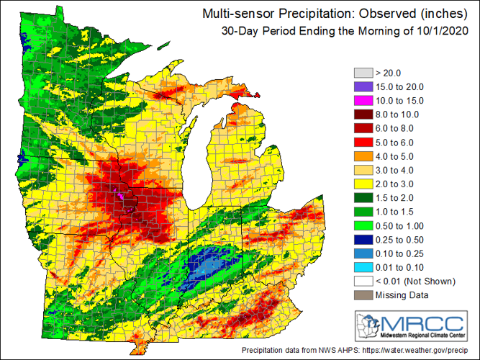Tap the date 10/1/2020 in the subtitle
(x=443, y=30)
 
